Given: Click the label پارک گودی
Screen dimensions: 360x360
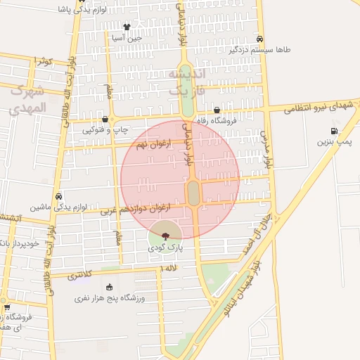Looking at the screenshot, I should pyautogui.click(x=165, y=248).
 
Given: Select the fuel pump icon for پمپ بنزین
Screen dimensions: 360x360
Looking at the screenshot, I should pyautogui.click(x=333, y=130).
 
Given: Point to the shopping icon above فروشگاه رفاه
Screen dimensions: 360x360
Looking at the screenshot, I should pyautogui.click(x=217, y=110).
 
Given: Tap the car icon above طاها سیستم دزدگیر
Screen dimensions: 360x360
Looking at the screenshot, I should pyautogui.click(x=260, y=39).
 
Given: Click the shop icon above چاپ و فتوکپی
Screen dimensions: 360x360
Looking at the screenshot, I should pyautogui.click(x=105, y=119).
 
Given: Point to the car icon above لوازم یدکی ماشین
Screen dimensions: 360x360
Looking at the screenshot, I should pyautogui.click(x=58, y=197).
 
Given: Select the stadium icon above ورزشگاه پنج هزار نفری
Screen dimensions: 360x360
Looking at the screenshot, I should pyautogui.click(x=109, y=286).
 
